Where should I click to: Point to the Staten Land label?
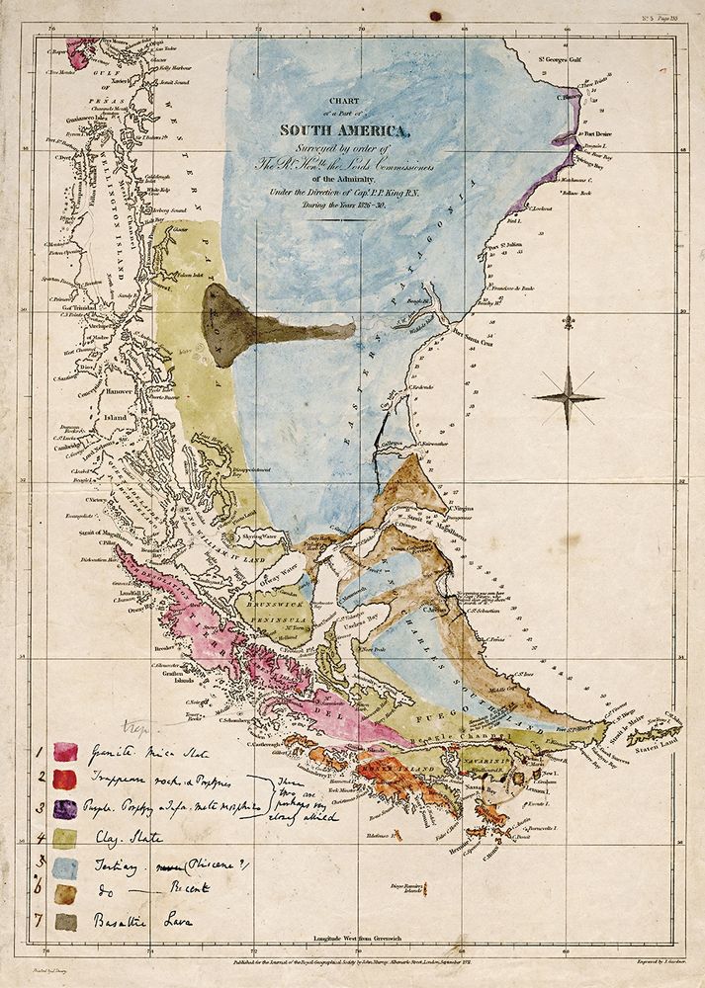coord(657,742)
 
